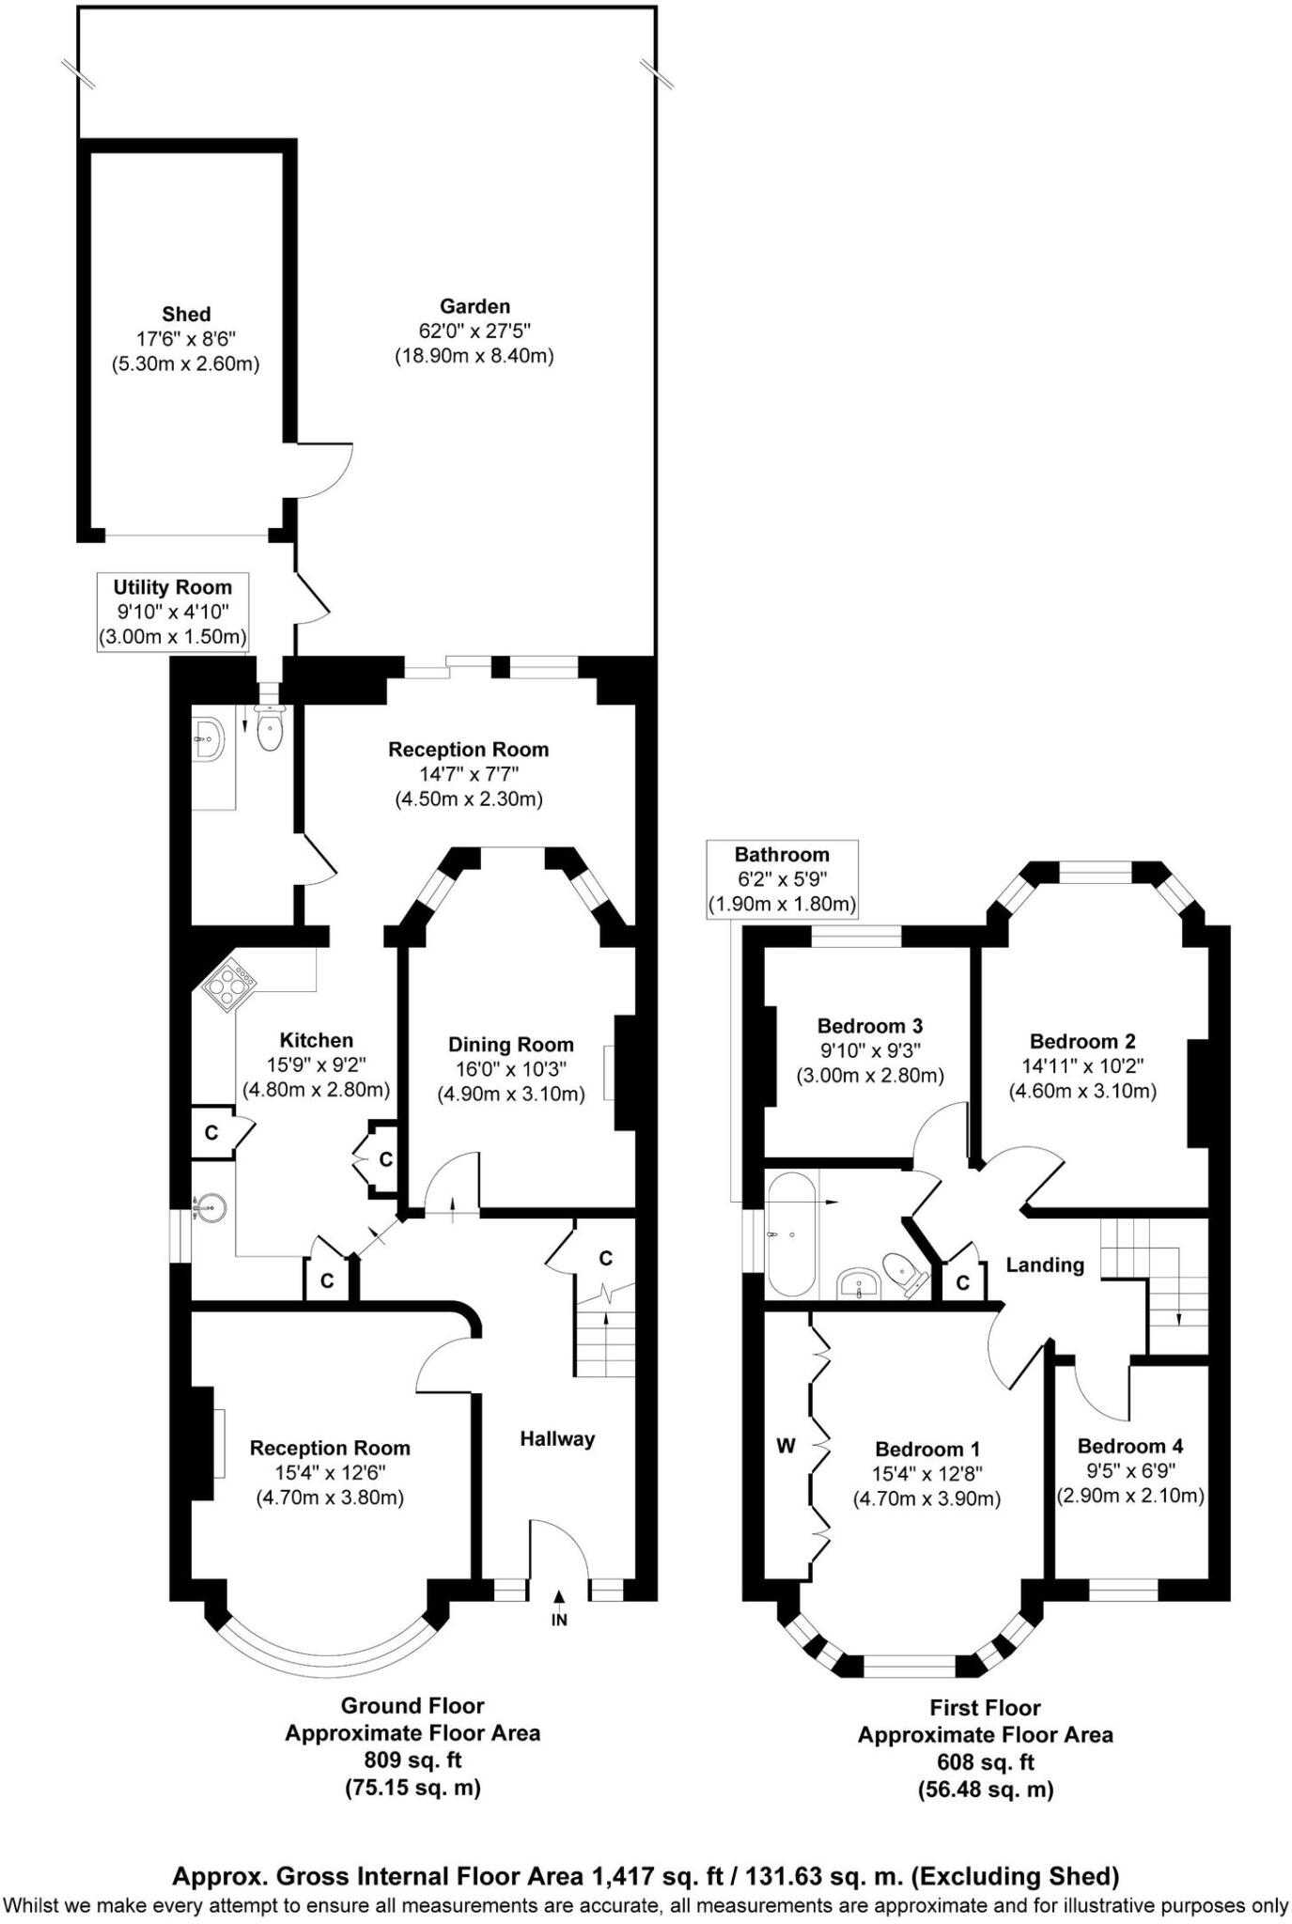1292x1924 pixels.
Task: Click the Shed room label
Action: (186, 314)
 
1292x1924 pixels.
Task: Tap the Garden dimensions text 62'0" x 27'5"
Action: (475, 331)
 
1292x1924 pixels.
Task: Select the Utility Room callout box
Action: (173, 612)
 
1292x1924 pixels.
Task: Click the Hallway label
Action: (557, 1438)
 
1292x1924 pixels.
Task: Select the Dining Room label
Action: (510, 1045)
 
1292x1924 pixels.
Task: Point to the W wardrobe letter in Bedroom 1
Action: (786, 1446)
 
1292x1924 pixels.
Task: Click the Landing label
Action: (1045, 1265)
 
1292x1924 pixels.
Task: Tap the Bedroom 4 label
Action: (1129, 1446)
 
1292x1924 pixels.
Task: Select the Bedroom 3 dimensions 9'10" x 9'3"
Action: (869, 1050)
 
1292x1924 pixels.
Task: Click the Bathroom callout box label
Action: (782, 854)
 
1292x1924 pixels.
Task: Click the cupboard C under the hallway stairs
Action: (605, 1258)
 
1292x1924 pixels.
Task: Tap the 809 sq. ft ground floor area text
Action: (413, 1760)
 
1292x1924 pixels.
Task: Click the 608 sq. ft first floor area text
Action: (985, 1761)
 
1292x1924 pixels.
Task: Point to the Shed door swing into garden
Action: (324, 470)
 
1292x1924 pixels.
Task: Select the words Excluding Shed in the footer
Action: (1017, 1877)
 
